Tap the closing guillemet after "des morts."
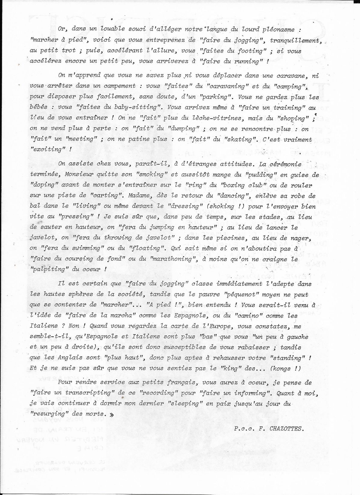[112, 414]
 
